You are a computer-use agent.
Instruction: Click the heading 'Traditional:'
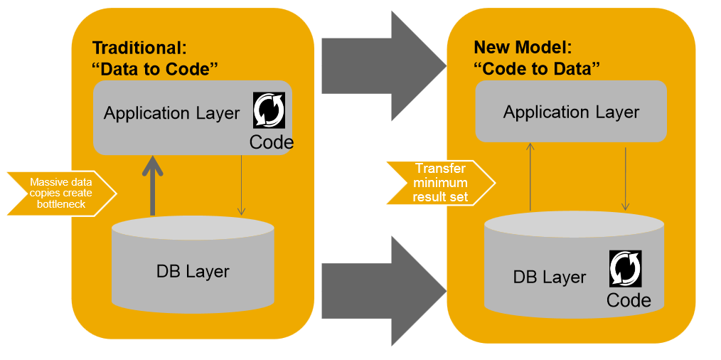[139, 48]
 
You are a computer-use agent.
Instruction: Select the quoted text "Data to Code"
[155, 69]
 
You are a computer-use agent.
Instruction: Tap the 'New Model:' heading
[523, 48]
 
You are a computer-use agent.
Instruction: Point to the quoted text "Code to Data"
[537, 69]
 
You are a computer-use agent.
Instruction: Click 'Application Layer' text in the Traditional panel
[171, 113]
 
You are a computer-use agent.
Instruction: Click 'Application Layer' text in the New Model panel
[571, 112]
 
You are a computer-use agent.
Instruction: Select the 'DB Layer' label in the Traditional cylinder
[193, 271]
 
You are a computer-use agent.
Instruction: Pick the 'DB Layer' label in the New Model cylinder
[550, 277]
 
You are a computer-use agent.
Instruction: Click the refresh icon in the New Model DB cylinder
[626, 268]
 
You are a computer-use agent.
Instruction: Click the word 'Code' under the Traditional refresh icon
[271, 143]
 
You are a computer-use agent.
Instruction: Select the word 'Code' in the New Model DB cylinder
[629, 300]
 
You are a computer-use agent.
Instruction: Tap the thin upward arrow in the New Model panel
[530, 176]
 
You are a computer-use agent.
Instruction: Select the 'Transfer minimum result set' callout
[441, 183]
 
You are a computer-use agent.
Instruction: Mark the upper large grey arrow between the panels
[380, 66]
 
